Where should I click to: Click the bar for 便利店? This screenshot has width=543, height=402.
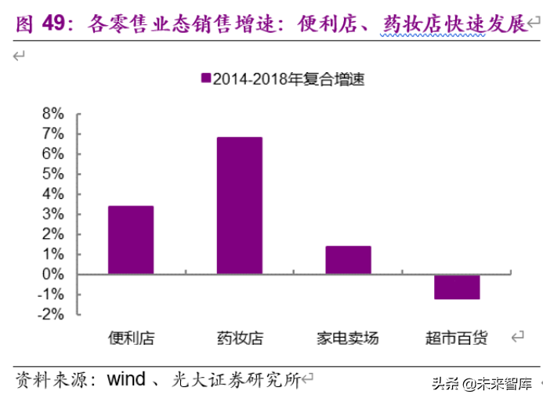pyautogui.click(x=131, y=240)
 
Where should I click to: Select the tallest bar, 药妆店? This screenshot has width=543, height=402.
pyautogui.click(x=239, y=205)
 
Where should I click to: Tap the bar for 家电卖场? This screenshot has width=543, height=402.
pyautogui.click(x=348, y=260)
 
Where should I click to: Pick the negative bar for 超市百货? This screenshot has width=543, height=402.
pyautogui.click(x=457, y=287)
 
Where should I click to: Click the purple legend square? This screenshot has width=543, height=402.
pyautogui.click(x=206, y=78)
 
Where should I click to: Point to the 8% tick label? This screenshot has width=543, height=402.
pyautogui.click(x=52, y=114)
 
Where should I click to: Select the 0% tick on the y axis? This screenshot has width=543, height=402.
pyautogui.click(x=52, y=274)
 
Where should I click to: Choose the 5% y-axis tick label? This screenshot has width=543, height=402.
pyautogui.click(x=52, y=174)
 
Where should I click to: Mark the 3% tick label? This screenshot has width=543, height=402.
pyautogui.click(x=52, y=214)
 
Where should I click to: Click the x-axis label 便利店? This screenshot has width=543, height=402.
pyautogui.click(x=131, y=339)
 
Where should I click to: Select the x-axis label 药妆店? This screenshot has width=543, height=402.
pyautogui.click(x=239, y=339)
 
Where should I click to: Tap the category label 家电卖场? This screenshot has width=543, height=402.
pyautogui.click(x=348, y=339)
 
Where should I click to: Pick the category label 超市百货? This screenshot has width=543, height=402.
pyautogui.click(x=456, y=339)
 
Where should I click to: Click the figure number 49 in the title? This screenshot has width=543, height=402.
pyautogui.click(x=52, y=25)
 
